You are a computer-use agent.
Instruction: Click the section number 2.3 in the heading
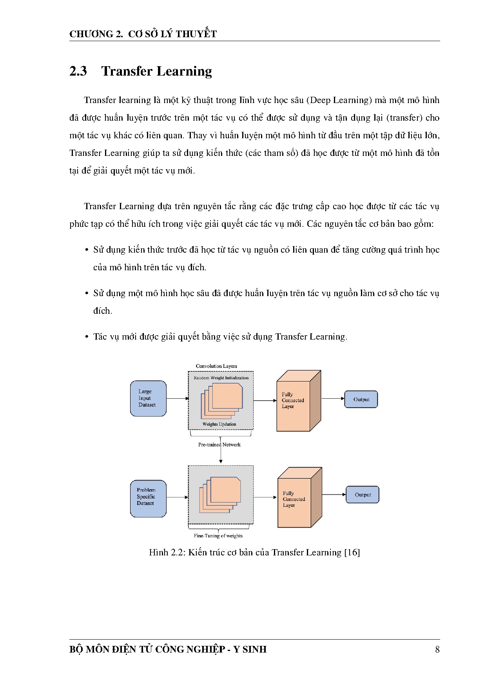[x=78, y=71]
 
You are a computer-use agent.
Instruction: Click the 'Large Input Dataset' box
[x=148, y=398]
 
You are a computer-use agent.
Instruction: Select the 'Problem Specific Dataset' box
[x=148, y=498]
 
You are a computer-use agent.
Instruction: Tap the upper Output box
[x=361, y=400]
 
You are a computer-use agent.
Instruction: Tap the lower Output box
[x=363, y=495]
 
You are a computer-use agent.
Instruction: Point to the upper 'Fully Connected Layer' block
[x=293, y=406]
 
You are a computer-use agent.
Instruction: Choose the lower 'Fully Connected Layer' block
[x=294, y=503]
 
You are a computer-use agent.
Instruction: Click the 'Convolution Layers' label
[x=216, y=366]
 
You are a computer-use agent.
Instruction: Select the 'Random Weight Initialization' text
[x=221, y=378]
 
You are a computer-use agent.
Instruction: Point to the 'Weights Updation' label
[x=219, y=424]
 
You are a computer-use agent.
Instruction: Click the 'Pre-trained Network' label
[x=219, y=445]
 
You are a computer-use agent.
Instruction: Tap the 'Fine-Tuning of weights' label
[x=218, y=536]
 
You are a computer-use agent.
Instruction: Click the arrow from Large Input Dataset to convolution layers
[x=178, y=398]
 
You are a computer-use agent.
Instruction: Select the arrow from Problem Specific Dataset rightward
[x=178, y=497]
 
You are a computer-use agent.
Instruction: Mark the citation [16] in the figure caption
[x=352, y=552]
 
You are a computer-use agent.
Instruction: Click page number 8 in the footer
[x=437, y=649]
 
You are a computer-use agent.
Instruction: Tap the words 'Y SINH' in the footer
[x=250, y=649]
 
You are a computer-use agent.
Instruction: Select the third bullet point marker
[x=87, y=337]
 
